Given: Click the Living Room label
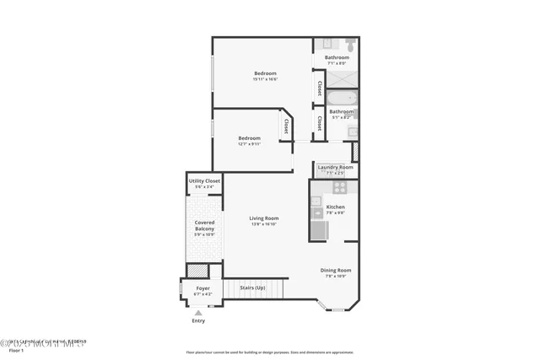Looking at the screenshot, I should pyautogui.click(x=264, y=218).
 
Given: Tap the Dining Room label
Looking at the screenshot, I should pyautogui.click(x=336, y=271).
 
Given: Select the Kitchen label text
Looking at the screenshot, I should pyautogui.click(x=335, y=207).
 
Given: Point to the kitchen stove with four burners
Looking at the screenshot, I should pyautogui.click(x=339, y=188).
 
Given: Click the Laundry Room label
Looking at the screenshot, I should pyautogui.click(x=335, y=168).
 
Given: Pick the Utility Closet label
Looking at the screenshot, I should pyautogui.click(x=204, y=180).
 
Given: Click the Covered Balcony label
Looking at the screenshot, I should pyautogui.click(x=204, y=226).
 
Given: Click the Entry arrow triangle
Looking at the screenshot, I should pyautogui.click(x=198, y=311).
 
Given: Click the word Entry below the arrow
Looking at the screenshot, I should pyautogui.click(x=198, y=320).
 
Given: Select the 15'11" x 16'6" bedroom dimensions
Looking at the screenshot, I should pyautogui.click(x=265, y=79).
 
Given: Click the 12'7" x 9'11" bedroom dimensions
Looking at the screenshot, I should pyautogui.click(x=249, y=143).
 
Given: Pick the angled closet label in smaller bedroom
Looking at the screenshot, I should pyautogui.click(x=286, y=126).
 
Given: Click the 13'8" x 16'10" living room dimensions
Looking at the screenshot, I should pyautogui.click(x=264, y=224).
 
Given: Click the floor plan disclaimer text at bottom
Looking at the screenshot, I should pyautogui.click(x=270, y=352).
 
